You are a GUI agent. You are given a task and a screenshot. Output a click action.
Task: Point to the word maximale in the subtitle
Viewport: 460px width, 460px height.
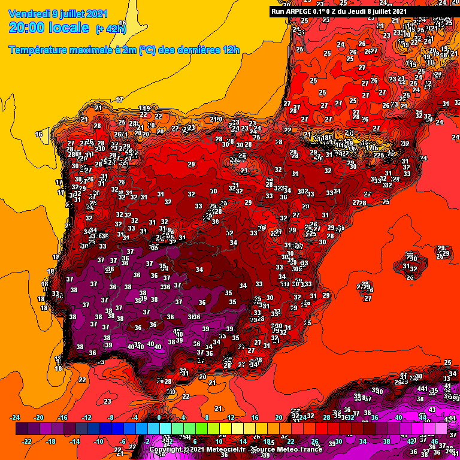pyautogui.click(x=95, y=50)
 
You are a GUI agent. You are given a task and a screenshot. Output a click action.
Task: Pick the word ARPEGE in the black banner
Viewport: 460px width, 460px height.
pyautogui.click(x=299, y=11)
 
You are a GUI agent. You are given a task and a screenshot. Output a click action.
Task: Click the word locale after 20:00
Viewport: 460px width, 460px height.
pyautogui.click(x=72, y=28)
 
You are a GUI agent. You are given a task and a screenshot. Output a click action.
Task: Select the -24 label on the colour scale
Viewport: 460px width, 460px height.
pyautogui.click(x=16, y=417)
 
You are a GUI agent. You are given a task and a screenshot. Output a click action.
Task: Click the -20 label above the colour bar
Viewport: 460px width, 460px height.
pyautogui.click(x=40, y=417)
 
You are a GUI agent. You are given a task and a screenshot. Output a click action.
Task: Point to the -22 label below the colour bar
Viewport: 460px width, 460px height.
pyautogui.click(x=28, y=441)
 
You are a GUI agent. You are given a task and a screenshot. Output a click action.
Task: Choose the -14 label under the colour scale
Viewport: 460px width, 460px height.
pyautogui.click(x=75, y=441)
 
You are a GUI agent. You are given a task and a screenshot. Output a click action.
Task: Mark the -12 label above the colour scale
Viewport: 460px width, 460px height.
pyautogui.click(x=87, y=417)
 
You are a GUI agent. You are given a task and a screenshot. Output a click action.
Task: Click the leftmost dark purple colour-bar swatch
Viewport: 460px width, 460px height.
pyautogui.click(x=22, y=429)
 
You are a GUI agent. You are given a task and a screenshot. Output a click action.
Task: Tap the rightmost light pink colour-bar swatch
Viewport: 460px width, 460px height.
pyautogui.click(x=441, y=429)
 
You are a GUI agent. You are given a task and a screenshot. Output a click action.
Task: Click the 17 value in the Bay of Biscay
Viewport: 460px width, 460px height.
pyautogui.click(x=119, y=99)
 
